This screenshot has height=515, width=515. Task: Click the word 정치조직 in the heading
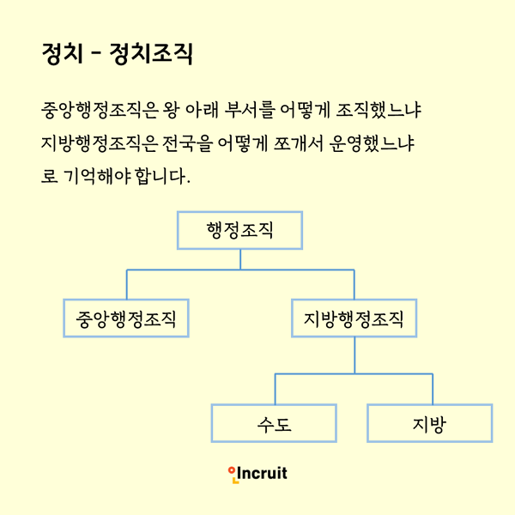tap(151, 53)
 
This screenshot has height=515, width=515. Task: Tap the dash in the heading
tap(95, 53)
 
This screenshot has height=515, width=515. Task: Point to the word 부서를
tap(249, 110)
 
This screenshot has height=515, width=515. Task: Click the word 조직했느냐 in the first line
tap(379, 110)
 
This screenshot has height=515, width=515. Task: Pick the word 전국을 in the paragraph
tap(187, 143)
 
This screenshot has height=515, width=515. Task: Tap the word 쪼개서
tap(298, 143)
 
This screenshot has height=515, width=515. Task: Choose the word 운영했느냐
tap(371, 143)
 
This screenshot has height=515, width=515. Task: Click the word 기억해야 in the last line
tap(97, 176)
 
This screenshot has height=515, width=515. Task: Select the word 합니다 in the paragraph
tap(161, 176)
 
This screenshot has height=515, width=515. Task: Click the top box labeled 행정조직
tap(239, 230)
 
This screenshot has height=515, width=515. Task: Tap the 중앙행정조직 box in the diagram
tap(126, 318)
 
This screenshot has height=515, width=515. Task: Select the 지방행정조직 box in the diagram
tap(354, 318)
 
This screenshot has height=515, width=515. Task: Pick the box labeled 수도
tap(274, 423)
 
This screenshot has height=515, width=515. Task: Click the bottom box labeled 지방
tap(430, 423)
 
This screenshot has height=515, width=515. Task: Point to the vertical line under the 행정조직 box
tap(240, 259)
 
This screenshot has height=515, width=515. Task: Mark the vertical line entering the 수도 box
tap(275, 389)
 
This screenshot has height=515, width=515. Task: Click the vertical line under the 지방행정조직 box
tap(354, 355)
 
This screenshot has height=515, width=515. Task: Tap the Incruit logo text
tap(262, 473)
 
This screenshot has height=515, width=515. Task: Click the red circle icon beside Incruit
tap(232, 470)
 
